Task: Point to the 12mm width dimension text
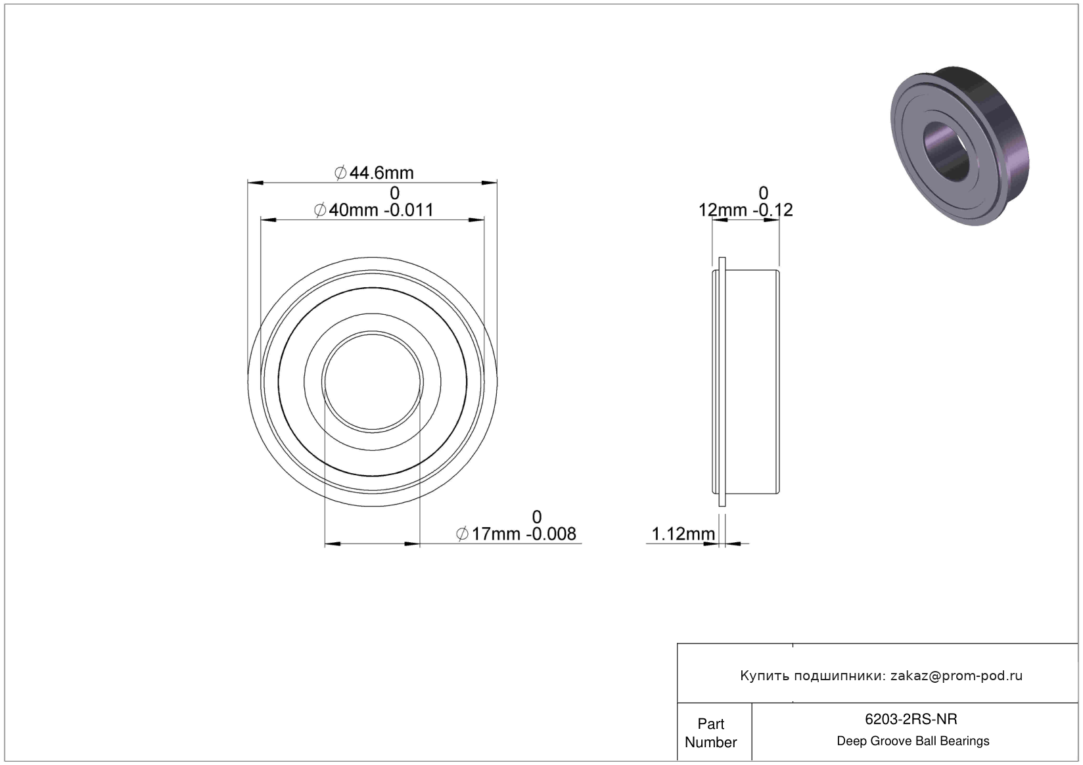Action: (x=723, y=210)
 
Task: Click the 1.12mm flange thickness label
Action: (x=683, y=534)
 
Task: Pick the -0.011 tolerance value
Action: (x=409, y=210)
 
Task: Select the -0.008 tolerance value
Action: (x=551, y=534)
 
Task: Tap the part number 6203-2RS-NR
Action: (x=911, y=719)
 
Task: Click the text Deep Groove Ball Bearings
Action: (x=913, y=741)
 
